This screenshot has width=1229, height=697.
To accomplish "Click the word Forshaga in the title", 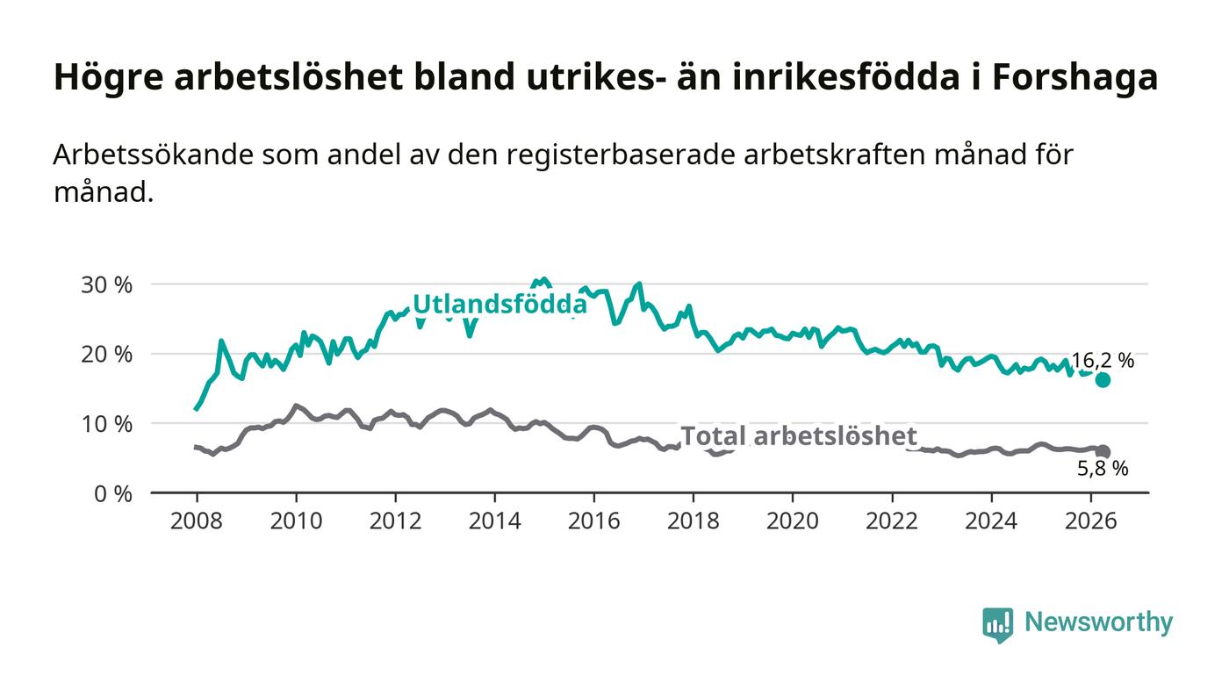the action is pos(1074,77).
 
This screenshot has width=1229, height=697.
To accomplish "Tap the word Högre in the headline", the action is pos(109,77).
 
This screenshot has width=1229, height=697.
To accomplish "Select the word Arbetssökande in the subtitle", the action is pos(154,154).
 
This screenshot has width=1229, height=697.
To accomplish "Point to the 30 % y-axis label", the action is pos(106,285).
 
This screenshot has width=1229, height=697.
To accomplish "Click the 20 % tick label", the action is pos(106,355).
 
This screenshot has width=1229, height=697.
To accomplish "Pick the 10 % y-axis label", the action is pos(106,424).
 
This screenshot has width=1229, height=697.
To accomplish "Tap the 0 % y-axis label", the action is pos(113,494).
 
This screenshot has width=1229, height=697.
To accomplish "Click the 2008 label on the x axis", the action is pos(197,521).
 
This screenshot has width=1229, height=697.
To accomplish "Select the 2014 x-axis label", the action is pos(494,521).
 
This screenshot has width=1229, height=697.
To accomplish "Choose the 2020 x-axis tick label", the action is pos(792,521).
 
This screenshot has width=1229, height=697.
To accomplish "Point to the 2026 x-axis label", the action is pos(1090,521).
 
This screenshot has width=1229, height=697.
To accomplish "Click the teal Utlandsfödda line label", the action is pos(500,304).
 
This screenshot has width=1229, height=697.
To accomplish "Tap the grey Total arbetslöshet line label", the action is pos(799,436).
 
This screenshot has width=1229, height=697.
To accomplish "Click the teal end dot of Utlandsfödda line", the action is pos(1103,380).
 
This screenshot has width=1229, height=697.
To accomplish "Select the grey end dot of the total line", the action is pos(1103,452).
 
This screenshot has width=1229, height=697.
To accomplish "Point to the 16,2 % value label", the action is pos(1103,361).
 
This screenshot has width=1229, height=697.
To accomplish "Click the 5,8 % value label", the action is pos(1103,469).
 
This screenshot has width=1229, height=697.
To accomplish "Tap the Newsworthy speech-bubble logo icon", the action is pos(997,624).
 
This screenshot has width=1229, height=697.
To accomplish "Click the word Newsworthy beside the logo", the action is pos(1098,622).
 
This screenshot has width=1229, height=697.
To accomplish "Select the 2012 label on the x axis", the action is pos(395,521).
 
